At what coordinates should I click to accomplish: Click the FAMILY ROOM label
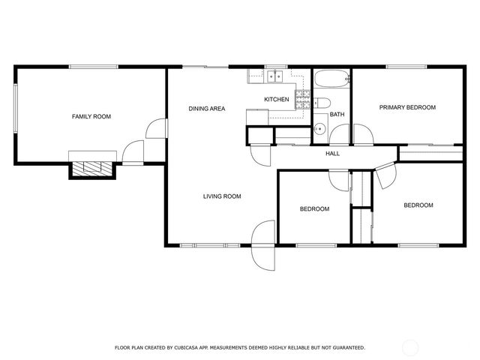[x=91, y=116]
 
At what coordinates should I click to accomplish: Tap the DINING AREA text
[x=207, y=109]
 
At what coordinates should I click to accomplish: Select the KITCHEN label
[x=276, y=99]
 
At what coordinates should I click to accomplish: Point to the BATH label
[x=337, y=115]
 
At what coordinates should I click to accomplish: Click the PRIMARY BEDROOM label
[x=406, y=107]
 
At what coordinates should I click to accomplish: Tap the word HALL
[x=332, y=154]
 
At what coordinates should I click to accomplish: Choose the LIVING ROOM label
[x=222, y=196]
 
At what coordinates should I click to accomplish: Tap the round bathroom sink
[x=319, y=127]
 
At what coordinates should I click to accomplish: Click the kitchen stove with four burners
[x=303, y=98]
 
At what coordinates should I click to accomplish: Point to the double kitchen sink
[x=274, y=76]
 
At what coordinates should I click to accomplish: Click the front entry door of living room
[x=264, y=246]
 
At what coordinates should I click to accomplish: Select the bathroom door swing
[x=340, y=135]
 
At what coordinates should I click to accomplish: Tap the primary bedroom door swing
[x=363, y=135]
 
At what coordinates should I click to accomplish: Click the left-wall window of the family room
[x=15, y=109]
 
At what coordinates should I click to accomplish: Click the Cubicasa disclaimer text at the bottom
[x=239, y=347]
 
